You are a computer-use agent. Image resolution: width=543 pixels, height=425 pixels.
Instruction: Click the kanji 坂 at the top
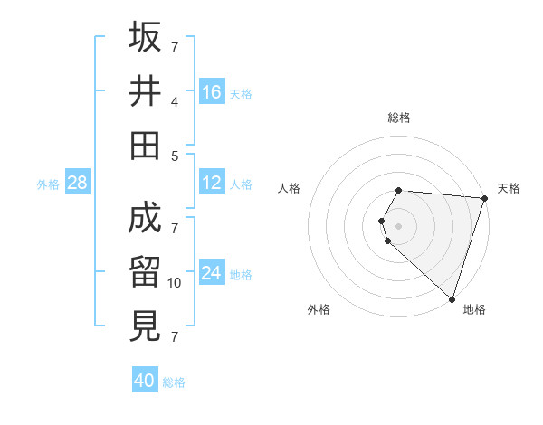[x=145, y=37]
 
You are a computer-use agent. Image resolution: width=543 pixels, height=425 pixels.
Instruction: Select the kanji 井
[x=145, y=91]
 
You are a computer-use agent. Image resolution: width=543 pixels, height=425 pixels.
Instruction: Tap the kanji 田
[x=145, y=145]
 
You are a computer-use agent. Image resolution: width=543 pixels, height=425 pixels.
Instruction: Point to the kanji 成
[x=145, y=218]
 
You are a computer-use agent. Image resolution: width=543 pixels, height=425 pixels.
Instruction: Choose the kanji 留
[x=145, y=272]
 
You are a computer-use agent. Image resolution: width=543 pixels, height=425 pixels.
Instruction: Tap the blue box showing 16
[x=212, y=92]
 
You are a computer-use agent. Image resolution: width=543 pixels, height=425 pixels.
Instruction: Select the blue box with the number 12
[x=212, y=184]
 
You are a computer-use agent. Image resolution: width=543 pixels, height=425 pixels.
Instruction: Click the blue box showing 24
[x=212, y=274]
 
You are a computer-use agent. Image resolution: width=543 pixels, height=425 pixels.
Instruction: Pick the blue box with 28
[x=78, y=184]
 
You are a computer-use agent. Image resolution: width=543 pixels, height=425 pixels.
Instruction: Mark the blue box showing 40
[x=145, y=381]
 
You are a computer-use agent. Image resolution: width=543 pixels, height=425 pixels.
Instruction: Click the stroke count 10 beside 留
[x=175, y=283]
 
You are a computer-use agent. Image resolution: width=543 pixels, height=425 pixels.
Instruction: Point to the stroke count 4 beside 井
[x=175, y=102]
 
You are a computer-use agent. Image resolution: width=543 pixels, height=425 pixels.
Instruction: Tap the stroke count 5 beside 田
[x=175, y=156]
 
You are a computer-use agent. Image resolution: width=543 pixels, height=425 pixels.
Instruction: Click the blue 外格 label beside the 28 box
[x=48, y=184]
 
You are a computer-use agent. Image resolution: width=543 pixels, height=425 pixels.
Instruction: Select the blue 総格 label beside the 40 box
[x=174, y=382]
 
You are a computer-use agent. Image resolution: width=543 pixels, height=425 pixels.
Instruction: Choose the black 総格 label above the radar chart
[x=399, y=118]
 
